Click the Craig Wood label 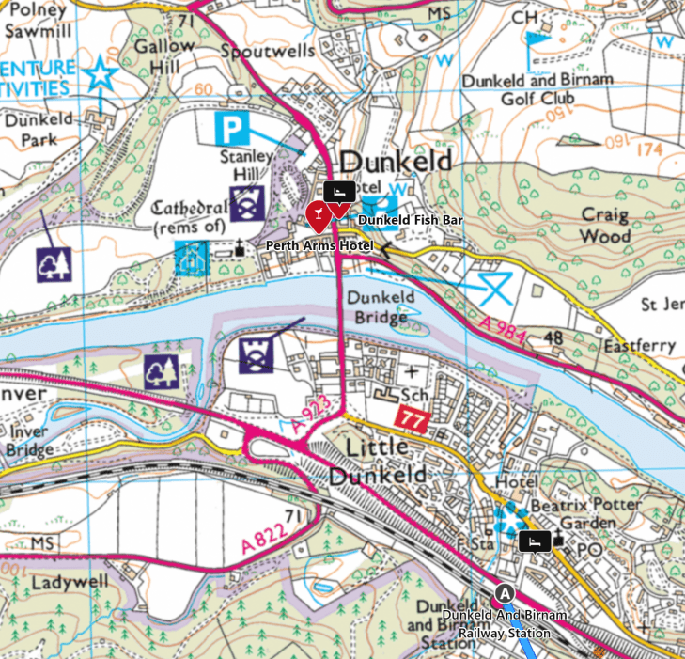604,225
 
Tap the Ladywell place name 64,583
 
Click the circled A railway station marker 506,593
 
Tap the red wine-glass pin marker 319,215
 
